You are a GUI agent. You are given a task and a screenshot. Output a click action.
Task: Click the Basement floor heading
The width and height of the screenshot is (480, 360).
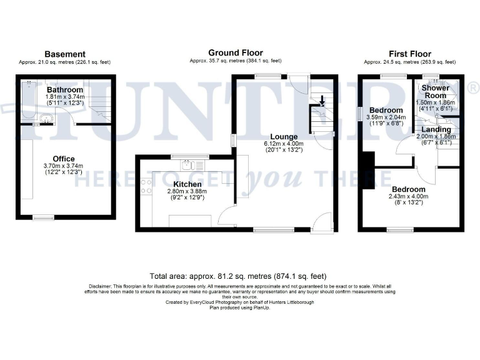tap(65, 54)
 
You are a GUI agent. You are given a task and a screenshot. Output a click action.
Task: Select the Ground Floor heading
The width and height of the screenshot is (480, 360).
tap(236, 53)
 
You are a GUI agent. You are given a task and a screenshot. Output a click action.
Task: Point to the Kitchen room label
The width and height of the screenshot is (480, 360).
tap(187, 184)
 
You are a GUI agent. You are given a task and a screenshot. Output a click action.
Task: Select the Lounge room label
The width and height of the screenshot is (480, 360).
tap(284, 136)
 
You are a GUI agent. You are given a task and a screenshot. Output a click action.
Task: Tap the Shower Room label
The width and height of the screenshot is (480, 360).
tap(436, 91)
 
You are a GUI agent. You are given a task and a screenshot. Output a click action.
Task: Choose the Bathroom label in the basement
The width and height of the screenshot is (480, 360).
tap(64, 90)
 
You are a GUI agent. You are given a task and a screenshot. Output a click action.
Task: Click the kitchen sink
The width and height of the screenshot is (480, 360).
tap(190, 165)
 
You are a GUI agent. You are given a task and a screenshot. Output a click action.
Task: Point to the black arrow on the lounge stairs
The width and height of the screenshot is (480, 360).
tap(322, 100)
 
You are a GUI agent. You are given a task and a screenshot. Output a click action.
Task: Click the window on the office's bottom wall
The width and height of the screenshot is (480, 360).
tap(42, 217)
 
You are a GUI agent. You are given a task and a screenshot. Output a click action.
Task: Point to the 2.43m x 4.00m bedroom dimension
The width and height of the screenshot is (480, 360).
tap(409, 196)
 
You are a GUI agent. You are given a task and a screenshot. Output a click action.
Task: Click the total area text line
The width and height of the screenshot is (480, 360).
tap(238, 276)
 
